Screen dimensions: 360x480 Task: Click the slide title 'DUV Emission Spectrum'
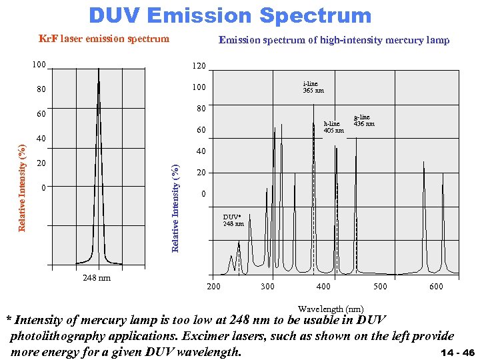[230, 15]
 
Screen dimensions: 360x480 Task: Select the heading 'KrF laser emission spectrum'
[104, 39]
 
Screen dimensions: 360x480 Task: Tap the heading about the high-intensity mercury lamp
[334, 40]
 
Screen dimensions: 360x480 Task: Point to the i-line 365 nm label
[313, 87]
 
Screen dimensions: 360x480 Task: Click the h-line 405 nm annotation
[333, 127]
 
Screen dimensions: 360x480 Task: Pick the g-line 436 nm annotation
[364, 121]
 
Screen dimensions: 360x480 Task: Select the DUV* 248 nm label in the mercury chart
[233, 220]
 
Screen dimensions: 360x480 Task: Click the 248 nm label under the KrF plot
[97, 277]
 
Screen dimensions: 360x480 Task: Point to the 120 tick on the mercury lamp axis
[199, 67]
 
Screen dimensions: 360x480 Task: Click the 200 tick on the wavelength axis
[213, 287]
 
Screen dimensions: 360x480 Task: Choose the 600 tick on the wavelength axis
[435, 287]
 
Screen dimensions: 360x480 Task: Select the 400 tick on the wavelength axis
[323, 287]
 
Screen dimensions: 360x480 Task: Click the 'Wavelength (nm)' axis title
[331, 309]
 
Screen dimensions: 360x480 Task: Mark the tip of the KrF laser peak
[99, 69]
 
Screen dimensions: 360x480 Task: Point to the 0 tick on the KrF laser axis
[42, 188]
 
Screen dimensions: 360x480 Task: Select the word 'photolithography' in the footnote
[59, 336]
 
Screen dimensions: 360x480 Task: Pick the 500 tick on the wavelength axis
[379, 287]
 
